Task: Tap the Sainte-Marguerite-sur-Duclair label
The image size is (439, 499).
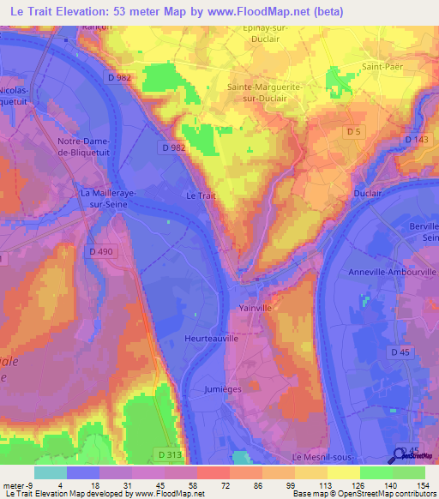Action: (265, 92)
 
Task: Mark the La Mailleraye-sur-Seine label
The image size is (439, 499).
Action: (108, 198)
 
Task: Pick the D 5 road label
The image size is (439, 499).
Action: (353, 130)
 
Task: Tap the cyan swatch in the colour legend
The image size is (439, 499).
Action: (50, 472)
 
